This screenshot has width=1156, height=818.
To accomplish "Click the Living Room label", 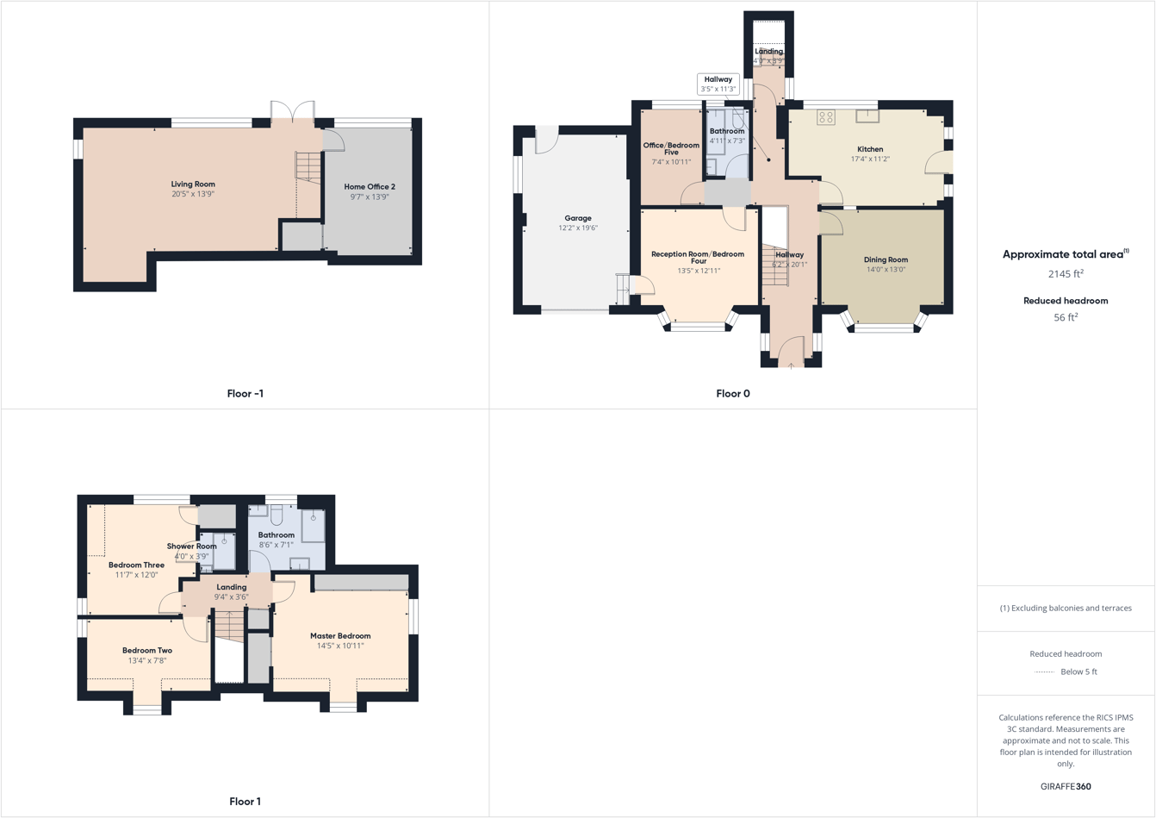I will tap(193, 184).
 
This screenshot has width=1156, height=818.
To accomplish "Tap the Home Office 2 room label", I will tap(370, 186).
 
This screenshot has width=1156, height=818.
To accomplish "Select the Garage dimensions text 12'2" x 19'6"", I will tap(578, 228).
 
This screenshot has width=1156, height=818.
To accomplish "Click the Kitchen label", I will tap(870, 149).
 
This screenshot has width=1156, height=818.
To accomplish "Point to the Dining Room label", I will tap(886, 259).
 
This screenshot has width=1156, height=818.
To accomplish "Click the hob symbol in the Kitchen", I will tap(826, 117).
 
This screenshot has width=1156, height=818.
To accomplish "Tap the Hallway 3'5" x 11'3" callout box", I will tap(718, 84).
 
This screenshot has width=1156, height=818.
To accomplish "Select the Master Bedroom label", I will tap(340, 636).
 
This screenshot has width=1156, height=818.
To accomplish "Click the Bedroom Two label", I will tap(147, 651).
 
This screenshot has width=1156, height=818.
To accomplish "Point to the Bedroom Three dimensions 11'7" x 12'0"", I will tap(137, 575).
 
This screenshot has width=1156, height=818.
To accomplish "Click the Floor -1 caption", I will tap(245, 394).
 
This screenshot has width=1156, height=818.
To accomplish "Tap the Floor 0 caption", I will tap(733, 394).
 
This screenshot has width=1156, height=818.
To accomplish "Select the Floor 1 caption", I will tap(245, 802).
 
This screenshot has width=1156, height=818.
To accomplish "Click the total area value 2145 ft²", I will tap(1066, 274).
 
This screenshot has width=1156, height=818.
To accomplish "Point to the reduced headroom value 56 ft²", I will tap(1066, 317).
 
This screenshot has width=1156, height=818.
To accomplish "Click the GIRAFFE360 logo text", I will tap(1066, 786).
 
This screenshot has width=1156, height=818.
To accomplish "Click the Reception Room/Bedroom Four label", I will tap(698, 257).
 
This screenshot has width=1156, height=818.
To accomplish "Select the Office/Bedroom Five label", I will tap(671, 149).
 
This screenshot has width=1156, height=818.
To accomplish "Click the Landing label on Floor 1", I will tap(231, 587).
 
